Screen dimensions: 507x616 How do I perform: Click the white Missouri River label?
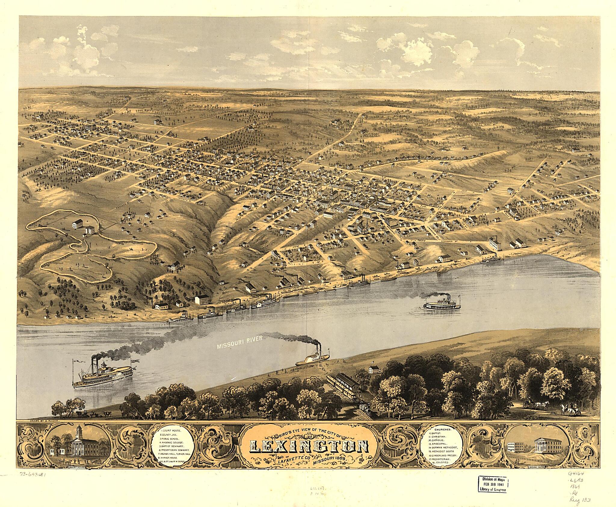pos(240,339)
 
